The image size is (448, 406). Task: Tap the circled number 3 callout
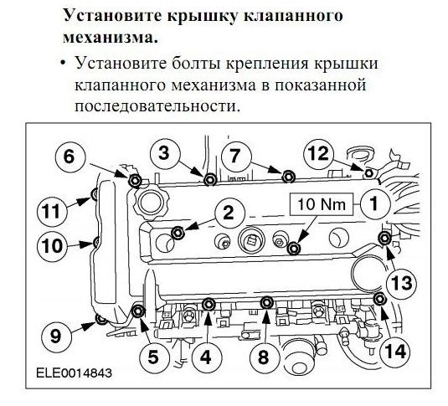click(x=165, y=152)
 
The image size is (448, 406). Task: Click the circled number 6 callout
click(x=70, y=156)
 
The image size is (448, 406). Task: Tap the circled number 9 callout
click(x=55, y=337)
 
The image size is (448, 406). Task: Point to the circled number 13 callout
click(x=402, y=282)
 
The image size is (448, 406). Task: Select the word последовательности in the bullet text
click(x=150, y=107)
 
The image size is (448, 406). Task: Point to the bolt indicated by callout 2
click(x=177, y=232)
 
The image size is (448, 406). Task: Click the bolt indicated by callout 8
click(x=266, y=303)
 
